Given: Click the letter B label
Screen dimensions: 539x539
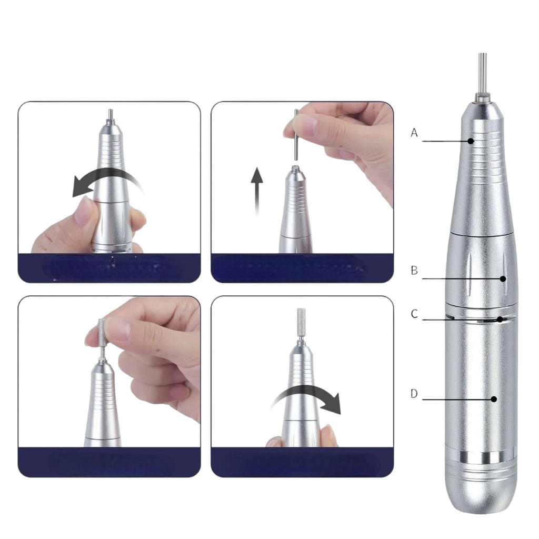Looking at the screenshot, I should [414, 271].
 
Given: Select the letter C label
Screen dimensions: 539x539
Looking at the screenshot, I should [414, 314].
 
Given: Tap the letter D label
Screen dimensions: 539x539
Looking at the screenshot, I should [414, 394].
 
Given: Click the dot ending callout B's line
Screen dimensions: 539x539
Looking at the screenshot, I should [503, 278].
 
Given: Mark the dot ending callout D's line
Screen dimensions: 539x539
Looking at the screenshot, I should [494, 399].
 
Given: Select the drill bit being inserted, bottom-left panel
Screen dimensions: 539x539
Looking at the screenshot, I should [102, 332].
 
